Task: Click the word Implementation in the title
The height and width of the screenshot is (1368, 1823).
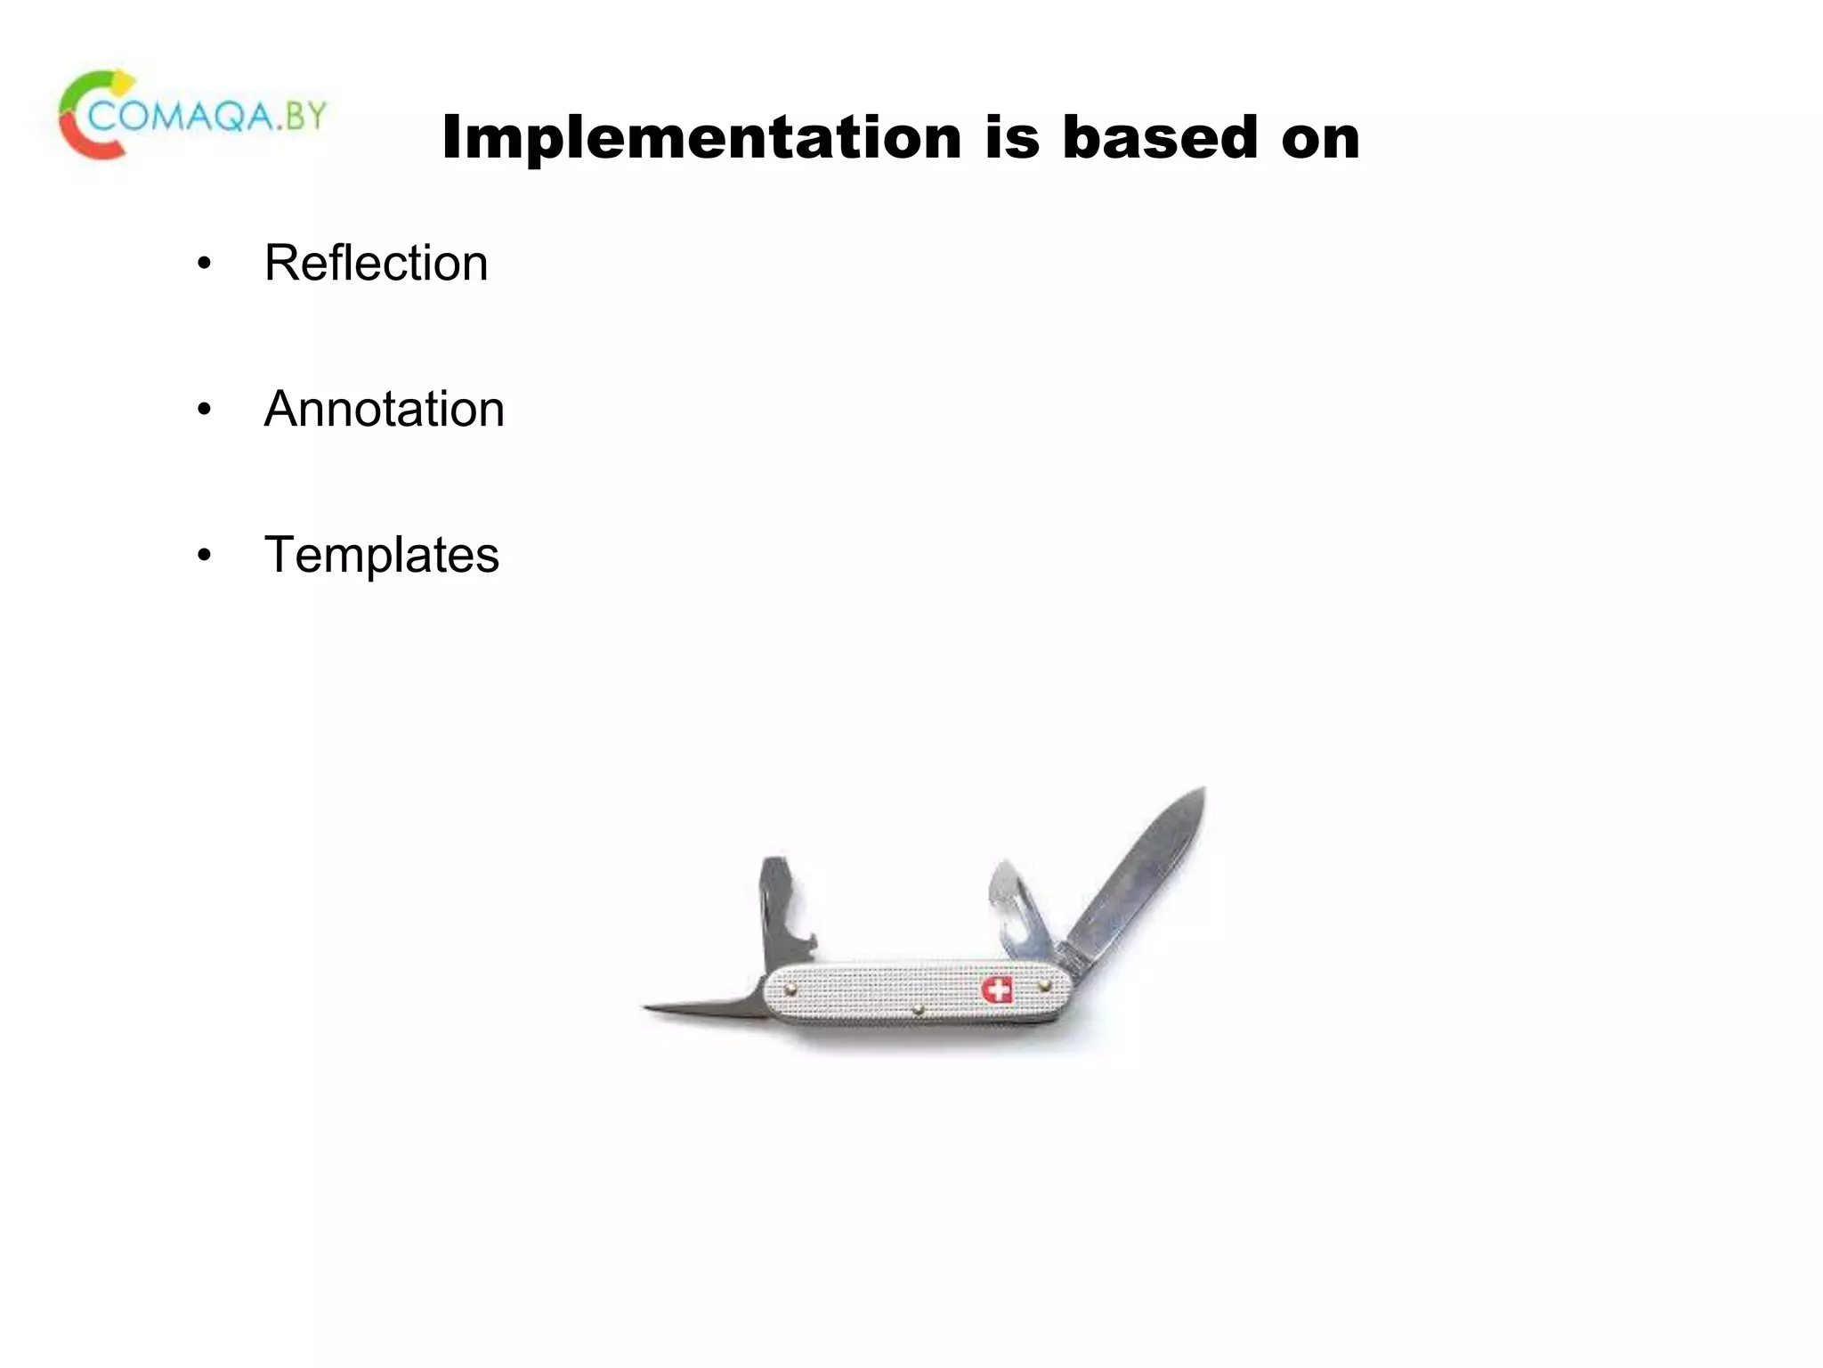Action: (701, 138)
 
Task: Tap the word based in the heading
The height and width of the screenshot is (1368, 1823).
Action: (1160, 138)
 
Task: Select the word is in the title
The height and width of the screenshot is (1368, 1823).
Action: (1012, 138)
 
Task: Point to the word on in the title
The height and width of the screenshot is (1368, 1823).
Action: (1320, 140)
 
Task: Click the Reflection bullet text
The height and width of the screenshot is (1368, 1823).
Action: (376, 263)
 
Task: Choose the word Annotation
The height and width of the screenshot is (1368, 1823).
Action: (384, 409)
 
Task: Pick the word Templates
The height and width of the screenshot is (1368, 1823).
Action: (381, 555)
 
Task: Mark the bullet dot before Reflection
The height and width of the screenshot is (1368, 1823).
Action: (205, 264)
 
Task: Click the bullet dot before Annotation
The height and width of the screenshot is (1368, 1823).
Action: (205, 410)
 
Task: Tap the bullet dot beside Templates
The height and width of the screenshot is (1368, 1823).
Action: (205, 556)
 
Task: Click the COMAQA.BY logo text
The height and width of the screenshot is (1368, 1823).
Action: (208, 116)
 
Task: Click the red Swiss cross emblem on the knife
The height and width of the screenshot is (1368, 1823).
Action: (997, 989)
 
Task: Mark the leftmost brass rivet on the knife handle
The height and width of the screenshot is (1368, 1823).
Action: (790, 989)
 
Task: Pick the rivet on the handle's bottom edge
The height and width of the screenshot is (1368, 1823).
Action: (919, 1011)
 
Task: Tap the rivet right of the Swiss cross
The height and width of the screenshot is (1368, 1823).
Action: (1045, 986)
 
